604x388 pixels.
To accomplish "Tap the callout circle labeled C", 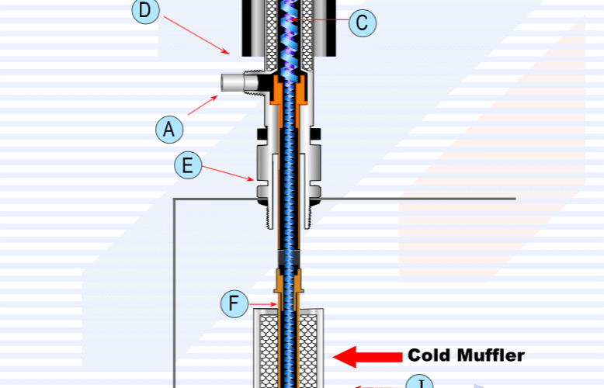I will pyautogui.click(x=362, y=23).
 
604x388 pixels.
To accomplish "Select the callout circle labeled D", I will pyautogui.click(x=146, y=10).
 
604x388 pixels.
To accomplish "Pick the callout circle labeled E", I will pyautogui.click(x=187, y=165).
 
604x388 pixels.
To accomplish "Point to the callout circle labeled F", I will pyautogui.click(x=234, y=303).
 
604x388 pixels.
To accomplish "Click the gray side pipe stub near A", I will pyautogui.click(x=234, y=83).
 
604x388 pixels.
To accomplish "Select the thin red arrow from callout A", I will pyautogui.click(x=203, y=105).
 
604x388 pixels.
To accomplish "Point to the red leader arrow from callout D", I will pyautogui.click(x=197, y=33).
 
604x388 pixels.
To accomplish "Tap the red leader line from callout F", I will pyautogui.click(x=262, y=303).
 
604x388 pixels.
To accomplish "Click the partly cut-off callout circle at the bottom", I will pyautogui.click(x=420, y=383).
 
